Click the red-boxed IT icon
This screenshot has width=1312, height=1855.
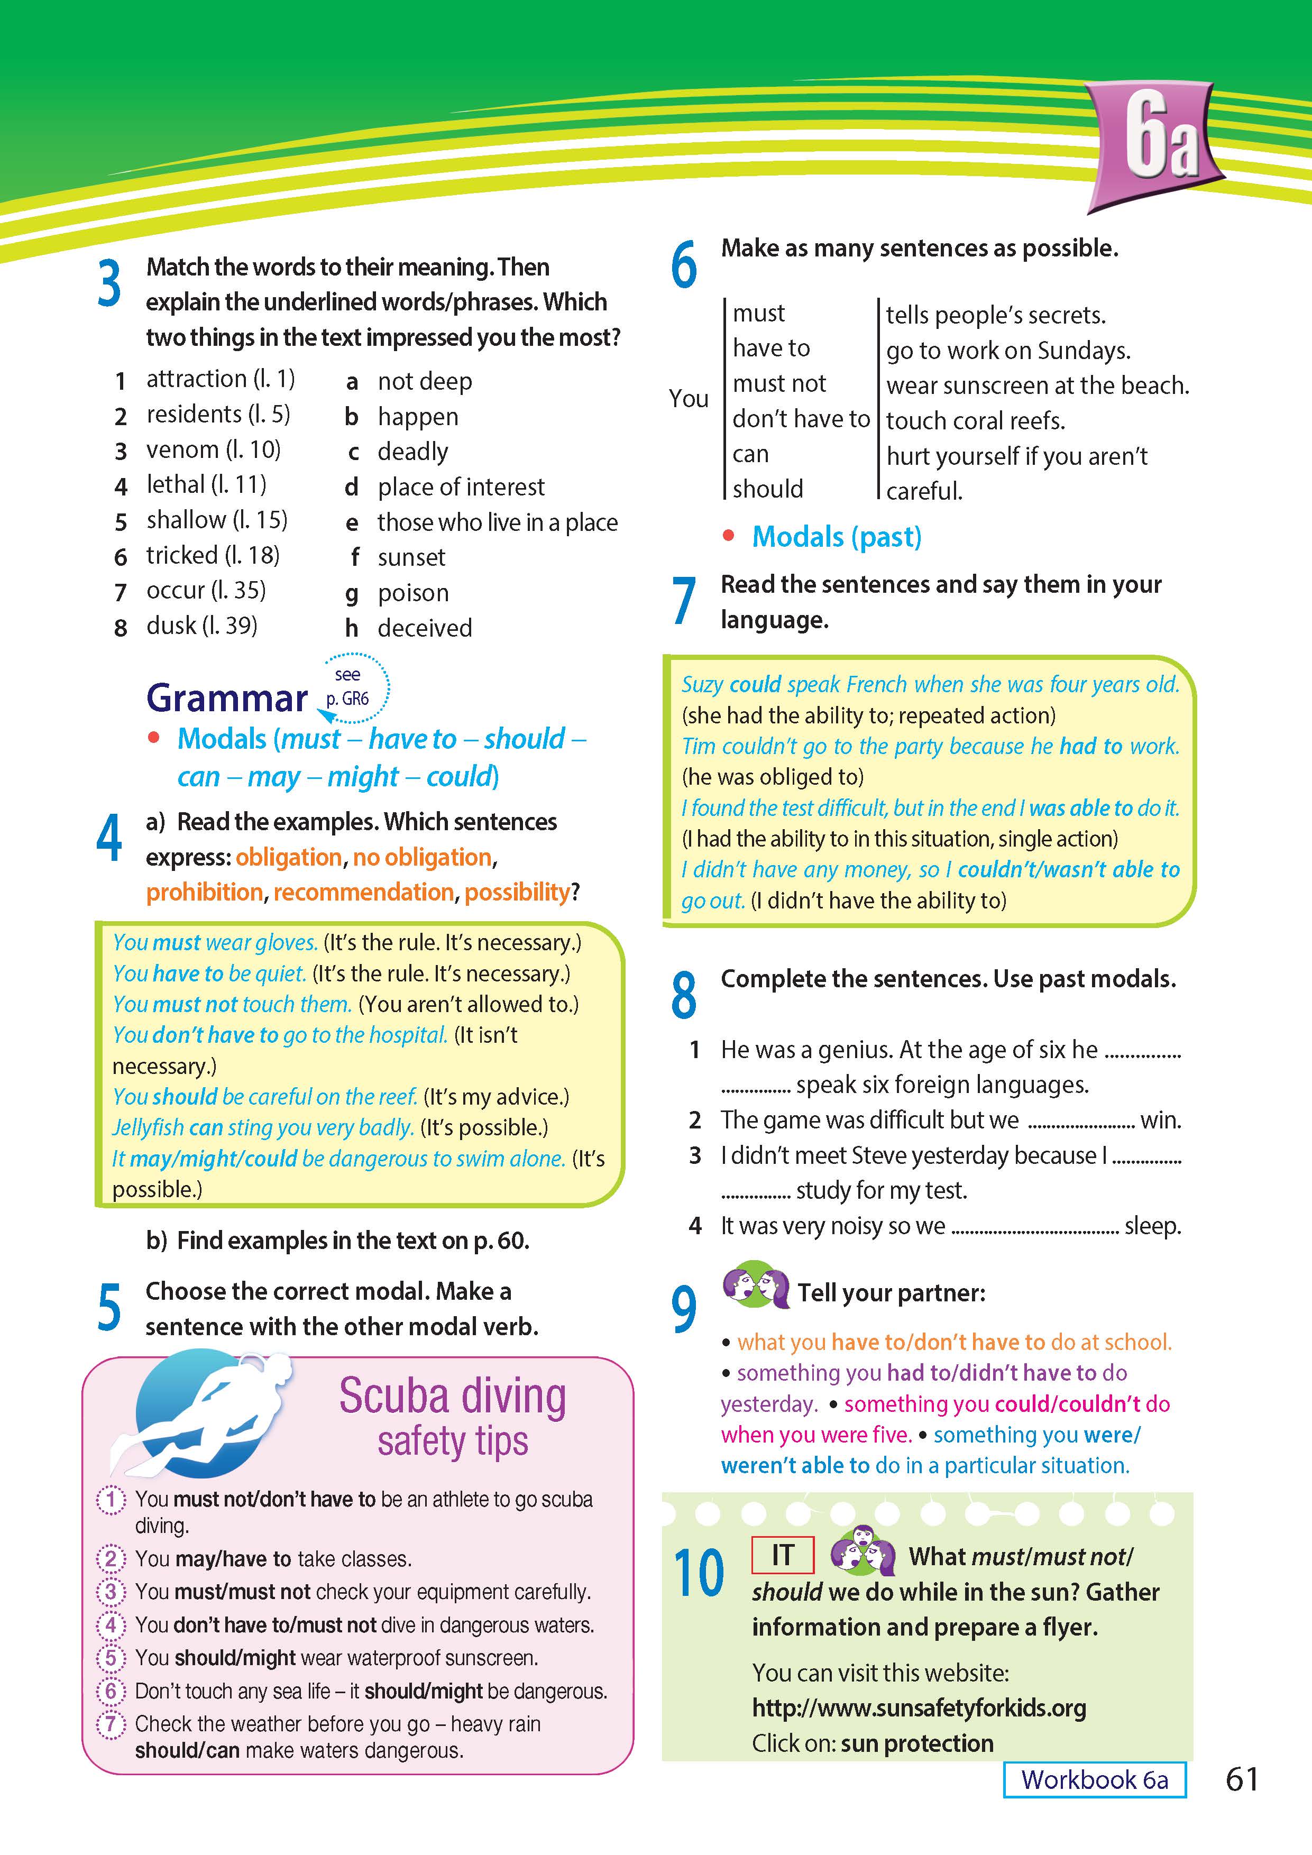coord(782,1555)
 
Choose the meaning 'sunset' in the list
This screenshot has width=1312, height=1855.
coord(411,557)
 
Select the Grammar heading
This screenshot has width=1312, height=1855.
coord(227,698)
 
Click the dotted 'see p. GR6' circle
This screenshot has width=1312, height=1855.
coord(353,687)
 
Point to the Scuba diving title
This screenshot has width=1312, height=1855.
coord(453,1397)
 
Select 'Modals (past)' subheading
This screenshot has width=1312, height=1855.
coord(836,537)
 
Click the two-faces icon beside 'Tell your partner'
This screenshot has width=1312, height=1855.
coord(755,1284)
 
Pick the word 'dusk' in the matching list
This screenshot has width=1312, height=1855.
coord(172,626)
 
